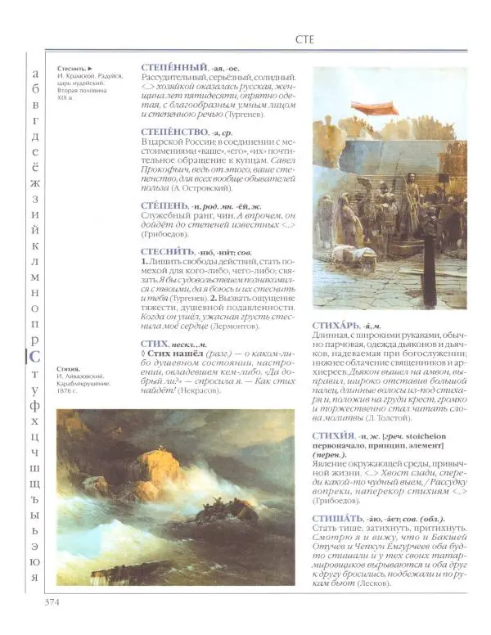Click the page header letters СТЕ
pos(306,38)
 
